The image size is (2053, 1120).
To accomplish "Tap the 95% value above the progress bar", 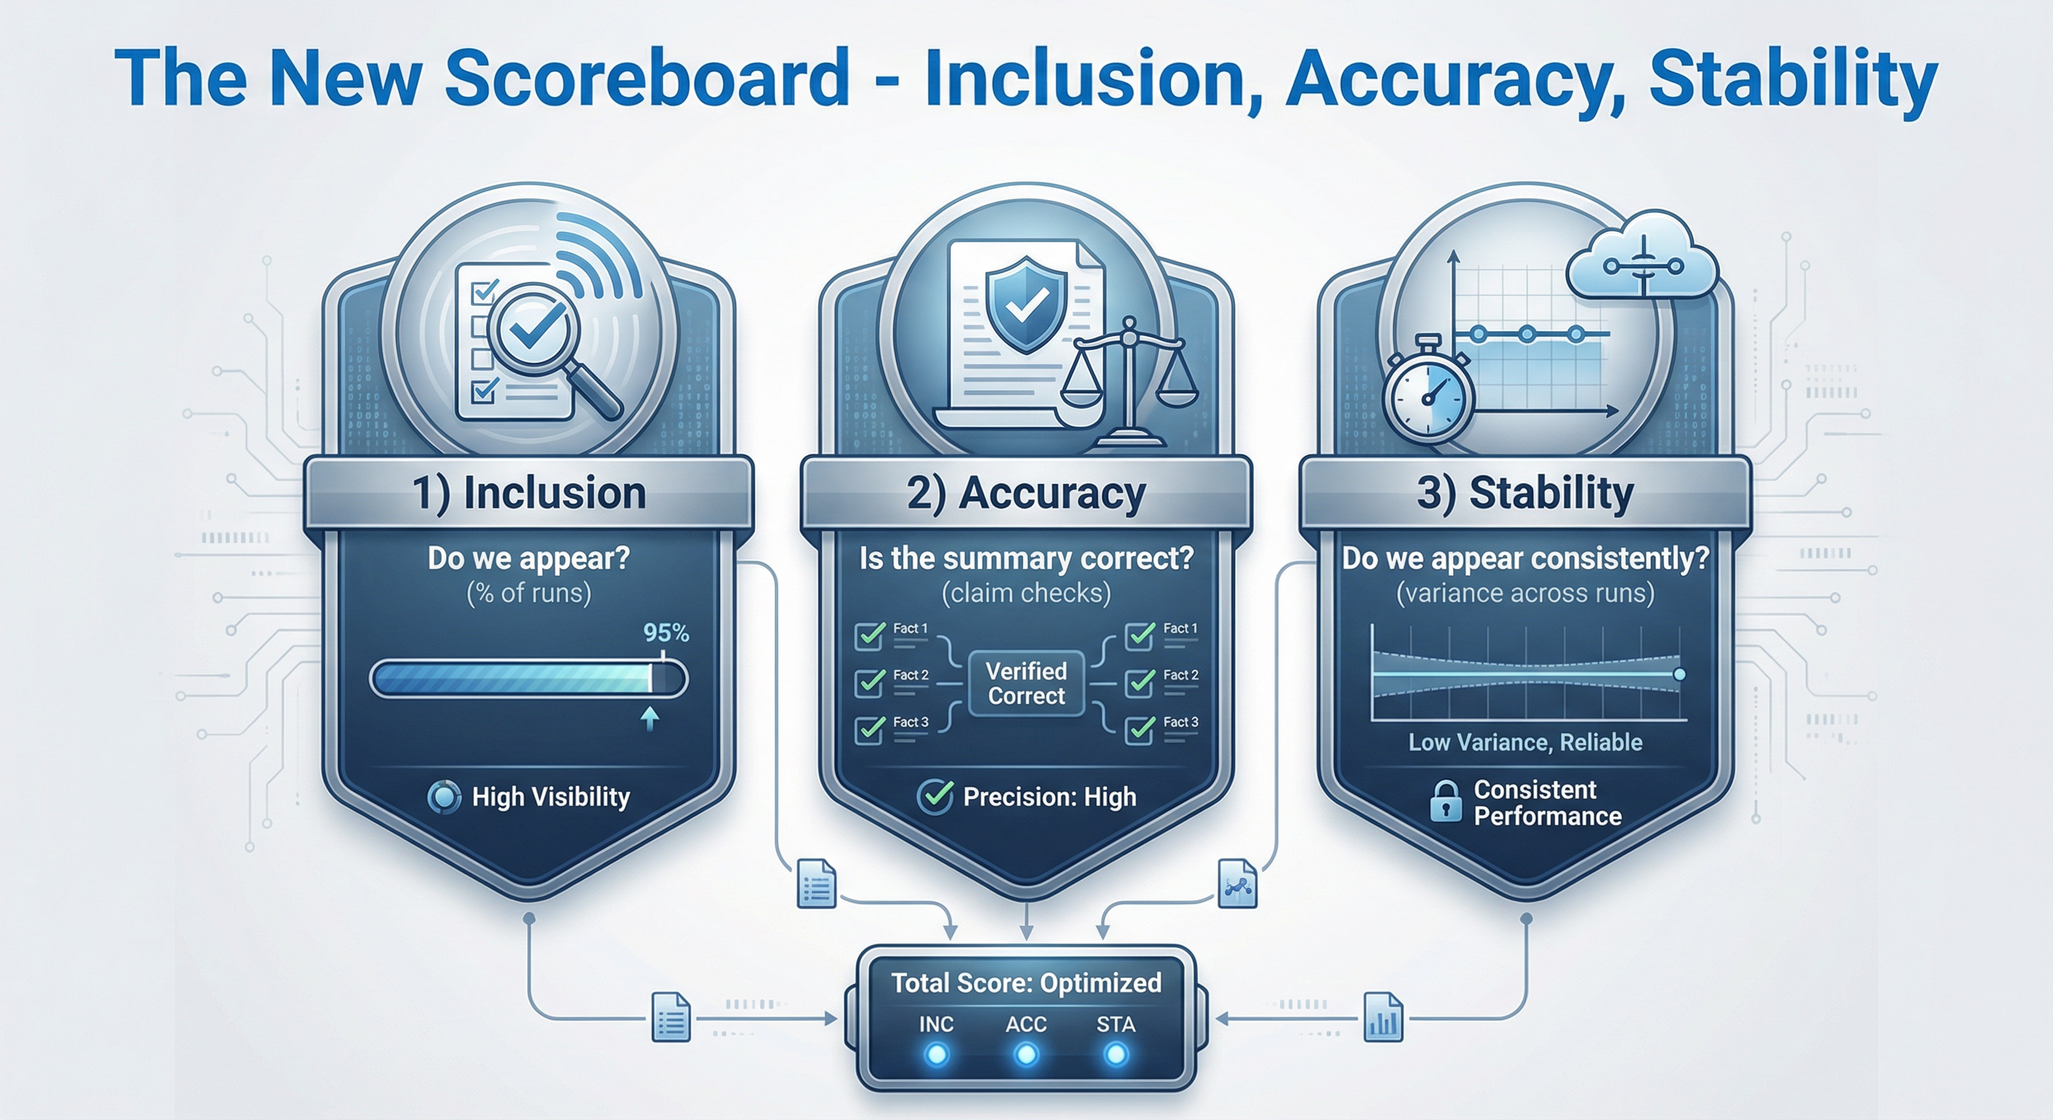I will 666,633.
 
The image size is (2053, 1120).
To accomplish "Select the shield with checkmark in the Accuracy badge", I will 1026,303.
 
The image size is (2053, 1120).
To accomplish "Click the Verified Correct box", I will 1026,684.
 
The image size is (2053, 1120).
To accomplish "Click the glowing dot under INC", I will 935,1055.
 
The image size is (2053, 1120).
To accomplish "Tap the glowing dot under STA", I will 1115,1055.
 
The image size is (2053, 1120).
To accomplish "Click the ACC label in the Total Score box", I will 1026,1024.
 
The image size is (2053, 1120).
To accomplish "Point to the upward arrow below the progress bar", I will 650,718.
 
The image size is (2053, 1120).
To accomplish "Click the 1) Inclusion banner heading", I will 529,493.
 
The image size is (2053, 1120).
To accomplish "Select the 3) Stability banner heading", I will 1524,493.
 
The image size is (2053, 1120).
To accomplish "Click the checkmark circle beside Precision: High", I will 935,796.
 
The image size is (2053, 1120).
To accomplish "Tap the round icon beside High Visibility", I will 444,797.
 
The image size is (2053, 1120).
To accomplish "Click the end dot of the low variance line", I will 1680,674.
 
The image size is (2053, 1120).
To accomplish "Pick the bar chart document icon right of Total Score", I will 1383,1017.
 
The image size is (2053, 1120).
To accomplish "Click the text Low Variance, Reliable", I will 1525,743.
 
